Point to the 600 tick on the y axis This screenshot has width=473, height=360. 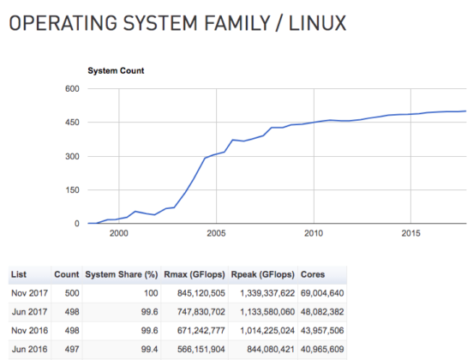(x=71, y=89)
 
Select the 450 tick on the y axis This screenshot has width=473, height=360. (x=71, y=123)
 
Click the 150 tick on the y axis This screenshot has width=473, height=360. (x=71, y=190)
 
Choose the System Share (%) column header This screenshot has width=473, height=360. (x=122, y=275)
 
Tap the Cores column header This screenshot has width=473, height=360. (x=313, y=275)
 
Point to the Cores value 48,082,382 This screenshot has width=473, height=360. (x=321, y=313)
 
